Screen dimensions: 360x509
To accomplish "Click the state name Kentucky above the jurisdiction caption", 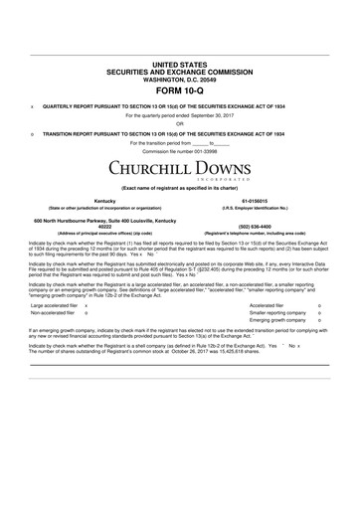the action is coord(90,198).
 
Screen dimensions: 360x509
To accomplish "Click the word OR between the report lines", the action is coord(180,124).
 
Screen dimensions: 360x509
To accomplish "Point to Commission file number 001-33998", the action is coord(180,150).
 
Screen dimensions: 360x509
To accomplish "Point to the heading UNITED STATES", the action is coord(179,62).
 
